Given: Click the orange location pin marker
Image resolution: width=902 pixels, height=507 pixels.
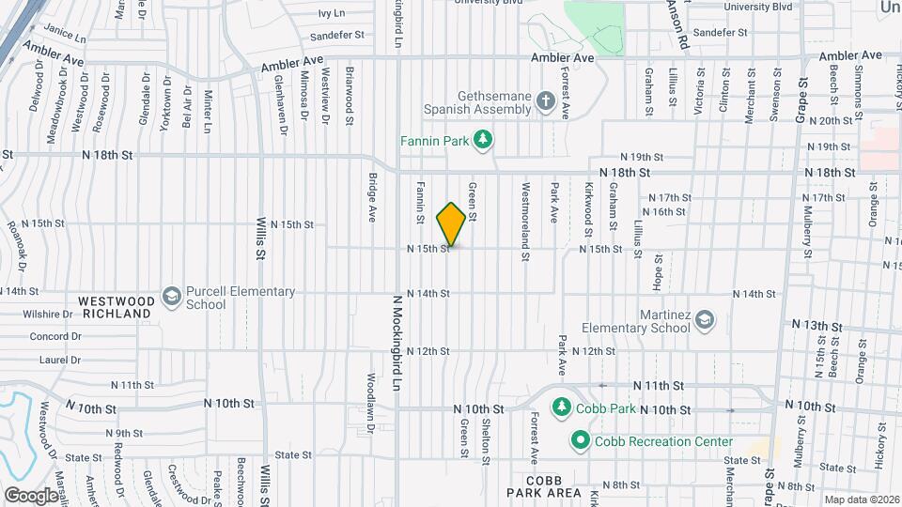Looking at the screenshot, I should (451, 224).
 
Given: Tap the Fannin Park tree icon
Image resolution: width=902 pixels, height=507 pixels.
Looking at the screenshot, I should (483, 140).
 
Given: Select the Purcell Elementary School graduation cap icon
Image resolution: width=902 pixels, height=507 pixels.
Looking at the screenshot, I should (171, 298).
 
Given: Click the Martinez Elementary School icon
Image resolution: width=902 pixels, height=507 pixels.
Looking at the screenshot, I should (704, 322).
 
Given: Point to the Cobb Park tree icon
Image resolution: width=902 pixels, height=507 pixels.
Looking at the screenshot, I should (561, 407).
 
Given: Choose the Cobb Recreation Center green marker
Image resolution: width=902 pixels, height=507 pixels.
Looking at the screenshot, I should (580, 440).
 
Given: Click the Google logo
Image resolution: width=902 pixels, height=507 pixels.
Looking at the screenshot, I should (31, 495).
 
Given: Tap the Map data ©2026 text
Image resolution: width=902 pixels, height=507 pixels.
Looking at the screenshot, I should (862, 499).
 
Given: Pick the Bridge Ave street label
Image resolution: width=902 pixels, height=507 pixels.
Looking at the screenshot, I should (372, 197).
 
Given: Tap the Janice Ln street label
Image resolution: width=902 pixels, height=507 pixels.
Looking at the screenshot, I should (65, 35).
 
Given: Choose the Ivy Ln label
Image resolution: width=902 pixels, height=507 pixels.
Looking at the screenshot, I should (332, 13).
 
